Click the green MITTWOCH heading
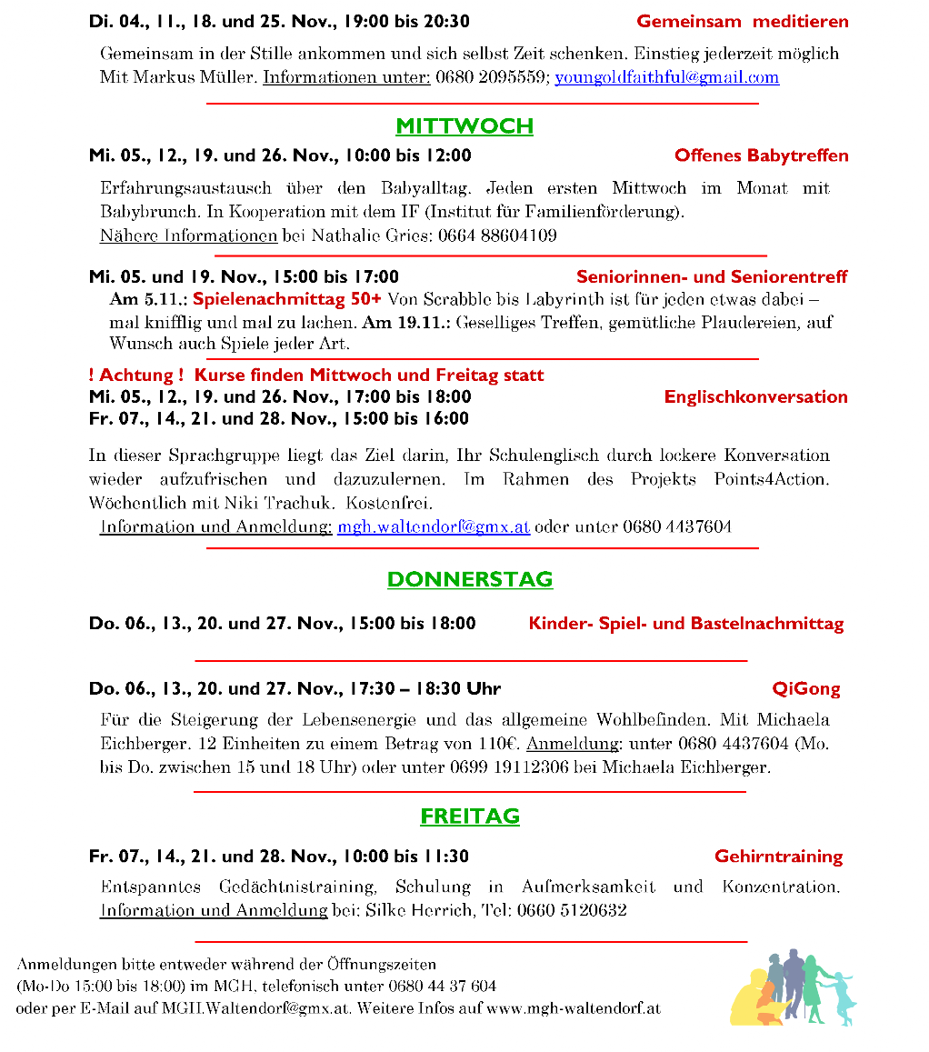click(x=464, y=126)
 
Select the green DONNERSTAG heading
click(x=470, y=579)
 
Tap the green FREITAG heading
click(x=470, y=817)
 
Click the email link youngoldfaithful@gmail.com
click(x=666, y=77)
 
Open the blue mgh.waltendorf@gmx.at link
click(x=434, y=526)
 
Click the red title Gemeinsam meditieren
click(x=742, y=22)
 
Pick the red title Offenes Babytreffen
click(x=761, y=155)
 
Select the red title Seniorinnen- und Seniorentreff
click(x=712, y=276)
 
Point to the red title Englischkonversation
click(x=755, y=396)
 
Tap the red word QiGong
click(x=806, y=688)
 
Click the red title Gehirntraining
click(x=778, y=857)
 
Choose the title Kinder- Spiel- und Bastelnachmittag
click(x=685, y=624)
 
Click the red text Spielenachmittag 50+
click(x=286, y=299)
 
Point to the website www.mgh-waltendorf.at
click(x=573, y=1008)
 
